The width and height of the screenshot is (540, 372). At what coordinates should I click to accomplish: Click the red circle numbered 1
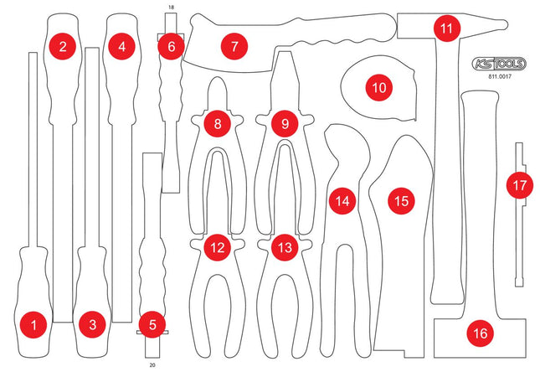[x=33, y=323]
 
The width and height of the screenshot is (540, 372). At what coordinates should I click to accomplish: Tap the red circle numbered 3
[x=93, y=323]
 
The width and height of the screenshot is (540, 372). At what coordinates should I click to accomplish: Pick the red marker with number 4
[x=122, y=47]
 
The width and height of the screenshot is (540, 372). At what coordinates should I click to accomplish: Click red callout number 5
[x=152, y=323]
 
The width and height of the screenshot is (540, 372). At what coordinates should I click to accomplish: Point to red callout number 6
[x=171, y=47]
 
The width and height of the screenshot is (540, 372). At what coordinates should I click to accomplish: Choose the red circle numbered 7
[x=235, y=47]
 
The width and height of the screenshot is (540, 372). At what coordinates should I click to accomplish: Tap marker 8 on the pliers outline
[x=218, y=124]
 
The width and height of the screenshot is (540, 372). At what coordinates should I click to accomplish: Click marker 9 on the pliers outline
[x=285, y=124]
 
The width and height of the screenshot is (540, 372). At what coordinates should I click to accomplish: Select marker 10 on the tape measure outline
[x=378, y=86]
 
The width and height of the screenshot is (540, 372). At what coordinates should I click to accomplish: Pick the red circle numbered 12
[x=218, y=248]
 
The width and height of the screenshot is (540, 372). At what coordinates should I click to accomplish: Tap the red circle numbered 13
[x=285, y=248]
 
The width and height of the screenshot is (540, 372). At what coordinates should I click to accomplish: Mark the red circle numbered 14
[x=340, y=201]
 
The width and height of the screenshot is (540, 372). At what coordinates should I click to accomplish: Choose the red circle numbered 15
[x=402, y=201]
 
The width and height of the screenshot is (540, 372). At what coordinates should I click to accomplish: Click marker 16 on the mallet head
[x=479, y=333]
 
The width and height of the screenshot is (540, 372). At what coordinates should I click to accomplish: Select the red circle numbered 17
[x=521, y=183]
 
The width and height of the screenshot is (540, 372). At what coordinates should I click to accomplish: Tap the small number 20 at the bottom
[x=152, y=365]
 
